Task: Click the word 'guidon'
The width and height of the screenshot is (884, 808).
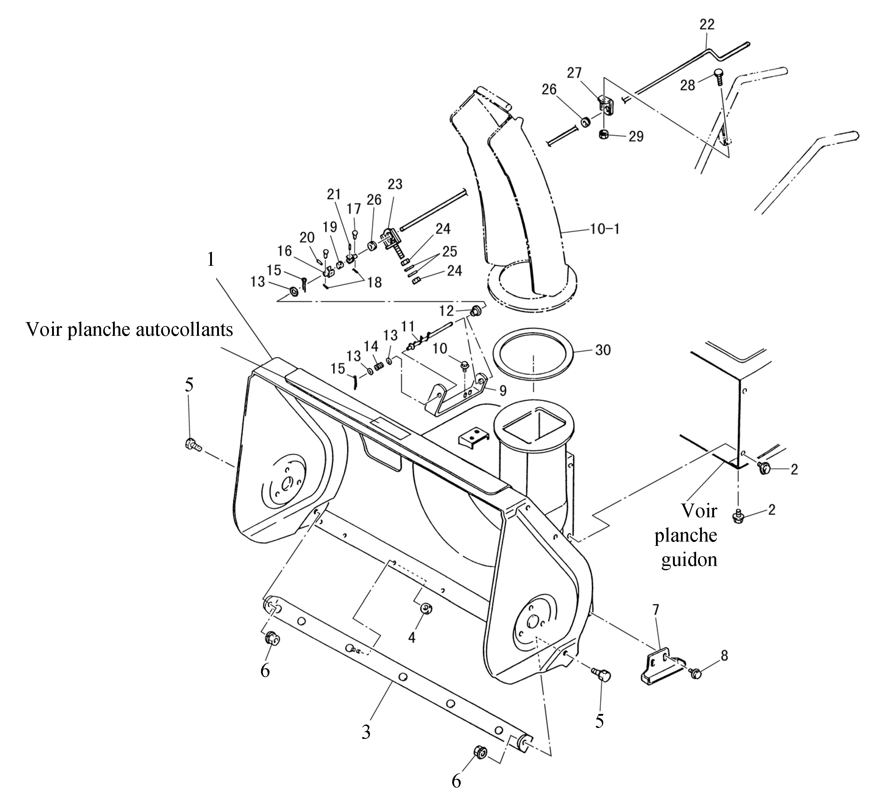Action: pyautogui.click(x=689, y=560)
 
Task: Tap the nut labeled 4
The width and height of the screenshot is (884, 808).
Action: pyautogui.click(x=425, y=610)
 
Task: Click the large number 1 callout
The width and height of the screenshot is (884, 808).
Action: pyautogui.click(x=211, y=260)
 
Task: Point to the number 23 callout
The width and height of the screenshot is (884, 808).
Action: pyautogui.click(x=395, y=184)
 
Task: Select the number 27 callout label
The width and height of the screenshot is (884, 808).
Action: pyautogui.click(x=574, y=73)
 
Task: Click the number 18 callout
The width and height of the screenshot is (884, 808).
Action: pyautogui.click(x=375, y=283)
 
